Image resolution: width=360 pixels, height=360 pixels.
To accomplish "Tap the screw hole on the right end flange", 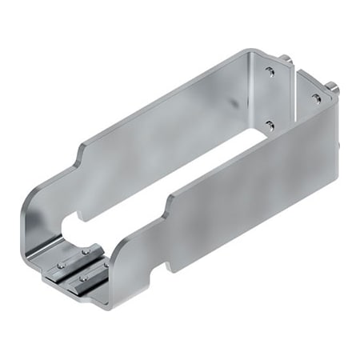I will click(316, 98).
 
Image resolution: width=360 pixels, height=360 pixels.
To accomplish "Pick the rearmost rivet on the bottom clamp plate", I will click(84, 251).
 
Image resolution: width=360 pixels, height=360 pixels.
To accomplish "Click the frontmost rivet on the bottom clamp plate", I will click(82, 279).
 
